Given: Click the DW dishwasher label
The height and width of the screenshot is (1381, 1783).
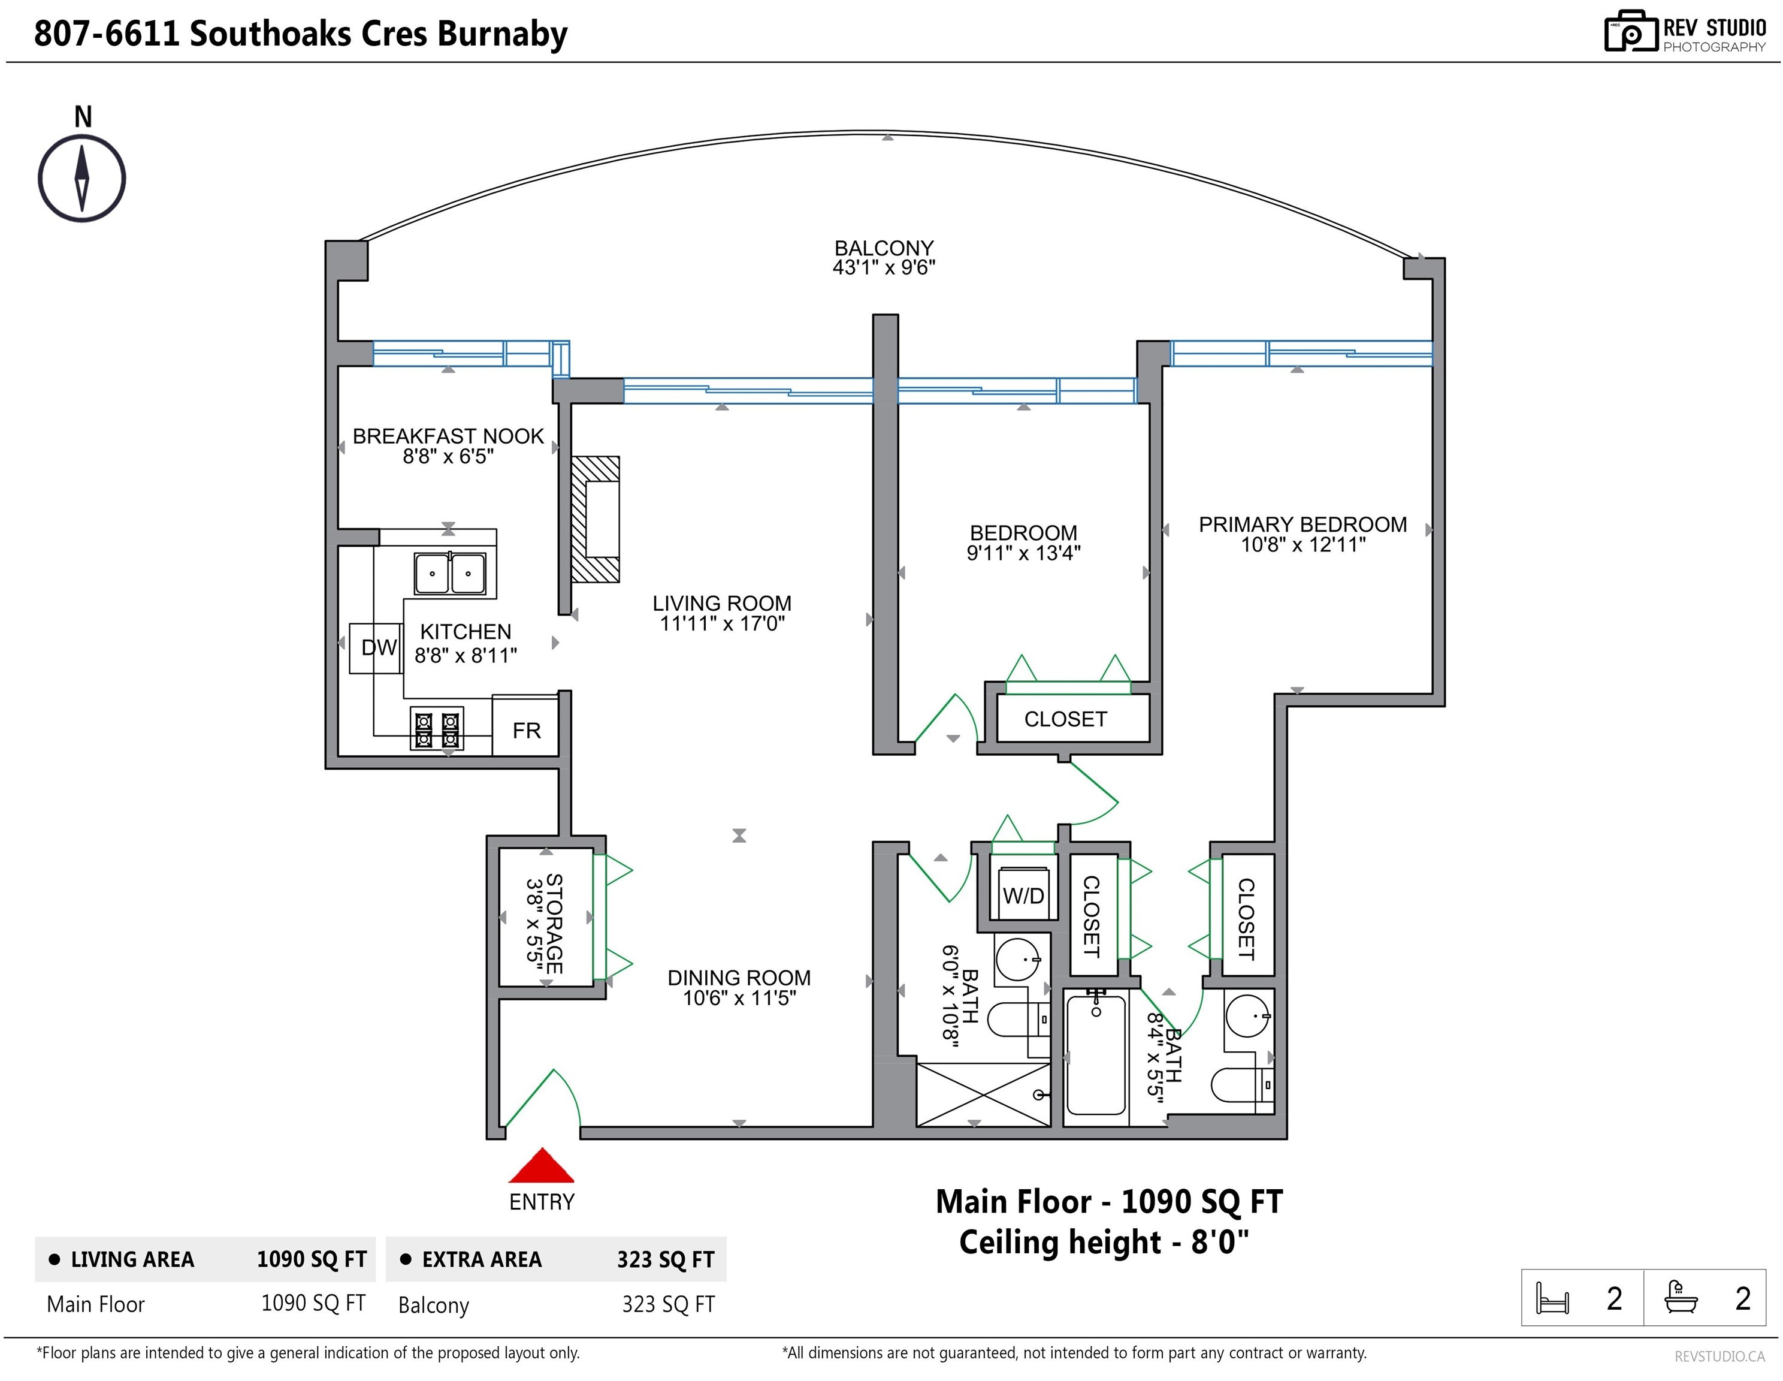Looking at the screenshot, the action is pos(379,647).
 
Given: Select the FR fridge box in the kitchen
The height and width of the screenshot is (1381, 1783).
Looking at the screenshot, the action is pos(526,726).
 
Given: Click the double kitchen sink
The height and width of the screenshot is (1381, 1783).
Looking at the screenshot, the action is pos(450,573).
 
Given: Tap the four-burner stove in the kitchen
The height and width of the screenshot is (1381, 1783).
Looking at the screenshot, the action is pos(437,728).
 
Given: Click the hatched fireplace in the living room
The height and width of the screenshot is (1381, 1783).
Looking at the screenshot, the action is pos(595,520).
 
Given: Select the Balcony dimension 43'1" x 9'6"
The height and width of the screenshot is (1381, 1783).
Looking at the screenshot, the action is pos(884,268).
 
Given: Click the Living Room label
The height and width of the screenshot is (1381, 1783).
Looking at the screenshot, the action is pos(722,604).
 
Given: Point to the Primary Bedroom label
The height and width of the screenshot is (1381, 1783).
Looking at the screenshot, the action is pos(1303,524).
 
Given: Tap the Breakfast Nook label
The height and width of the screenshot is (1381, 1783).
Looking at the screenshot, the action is pos(448,436).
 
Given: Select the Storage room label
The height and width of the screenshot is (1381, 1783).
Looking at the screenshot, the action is pos(554,924).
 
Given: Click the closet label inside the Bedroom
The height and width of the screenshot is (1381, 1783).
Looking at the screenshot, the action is pos(1065,719).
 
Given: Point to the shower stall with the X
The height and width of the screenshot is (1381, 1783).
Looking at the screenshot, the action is pos(983,1094).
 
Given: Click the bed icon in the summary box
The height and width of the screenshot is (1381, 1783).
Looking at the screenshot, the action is pos(1552,1298).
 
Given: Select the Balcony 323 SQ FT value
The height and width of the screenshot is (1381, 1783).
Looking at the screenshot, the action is pos(668,1305).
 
